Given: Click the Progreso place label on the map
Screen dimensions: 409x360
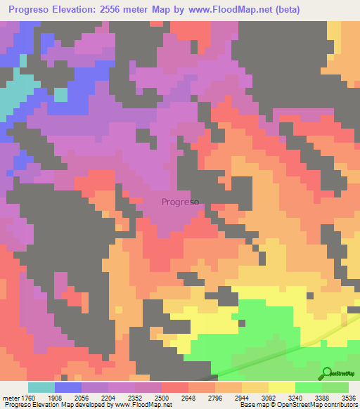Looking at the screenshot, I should tap(180, 202).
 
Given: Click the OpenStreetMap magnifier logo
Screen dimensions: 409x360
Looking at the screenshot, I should tap(328, 373).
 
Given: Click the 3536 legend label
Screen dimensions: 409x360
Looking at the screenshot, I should tap(347, 397).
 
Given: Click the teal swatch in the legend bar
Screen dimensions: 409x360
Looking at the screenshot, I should tap(41, 387).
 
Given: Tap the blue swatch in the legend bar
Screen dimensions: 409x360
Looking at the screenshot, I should tap(68, 387).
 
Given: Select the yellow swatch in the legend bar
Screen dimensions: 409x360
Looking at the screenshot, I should tap(282, 387).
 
